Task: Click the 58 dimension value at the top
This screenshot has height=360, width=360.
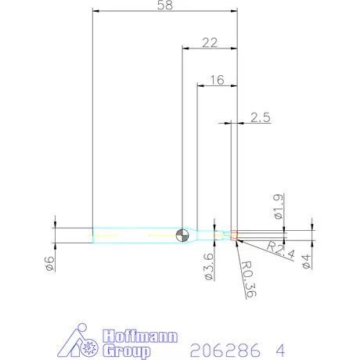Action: coord(164,5)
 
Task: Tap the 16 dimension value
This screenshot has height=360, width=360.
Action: coord(216,80)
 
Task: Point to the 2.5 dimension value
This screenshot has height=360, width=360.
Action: coord(261,117)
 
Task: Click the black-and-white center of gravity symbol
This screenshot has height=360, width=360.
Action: coord(182,234)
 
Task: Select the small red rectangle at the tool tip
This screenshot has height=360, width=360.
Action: coord(233,233)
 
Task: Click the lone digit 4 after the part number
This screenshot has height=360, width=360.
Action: coord(281,347)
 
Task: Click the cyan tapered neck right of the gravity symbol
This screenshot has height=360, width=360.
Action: coord(209,234)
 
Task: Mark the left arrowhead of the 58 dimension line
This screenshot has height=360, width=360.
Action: coord(95,11)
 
